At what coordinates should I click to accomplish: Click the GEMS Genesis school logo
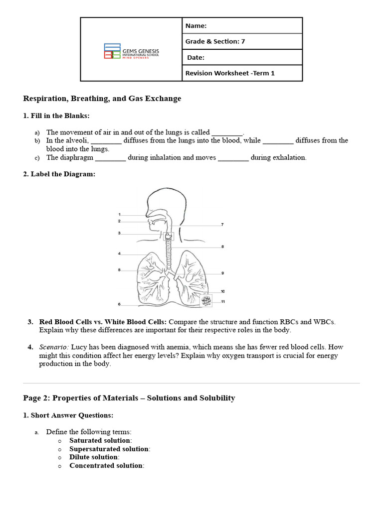131,51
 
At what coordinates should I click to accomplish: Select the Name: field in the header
242,26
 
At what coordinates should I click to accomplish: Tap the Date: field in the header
242,57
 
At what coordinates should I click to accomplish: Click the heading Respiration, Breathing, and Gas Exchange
102,99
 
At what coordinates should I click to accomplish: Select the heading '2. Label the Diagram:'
59,174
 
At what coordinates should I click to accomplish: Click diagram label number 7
222,225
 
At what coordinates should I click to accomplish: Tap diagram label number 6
119,304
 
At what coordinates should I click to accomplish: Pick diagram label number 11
223,301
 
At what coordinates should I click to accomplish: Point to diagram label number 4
119,254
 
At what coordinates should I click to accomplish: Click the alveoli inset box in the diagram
205,300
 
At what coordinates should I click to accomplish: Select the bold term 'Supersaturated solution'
109,449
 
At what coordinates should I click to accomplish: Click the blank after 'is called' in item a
227,133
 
